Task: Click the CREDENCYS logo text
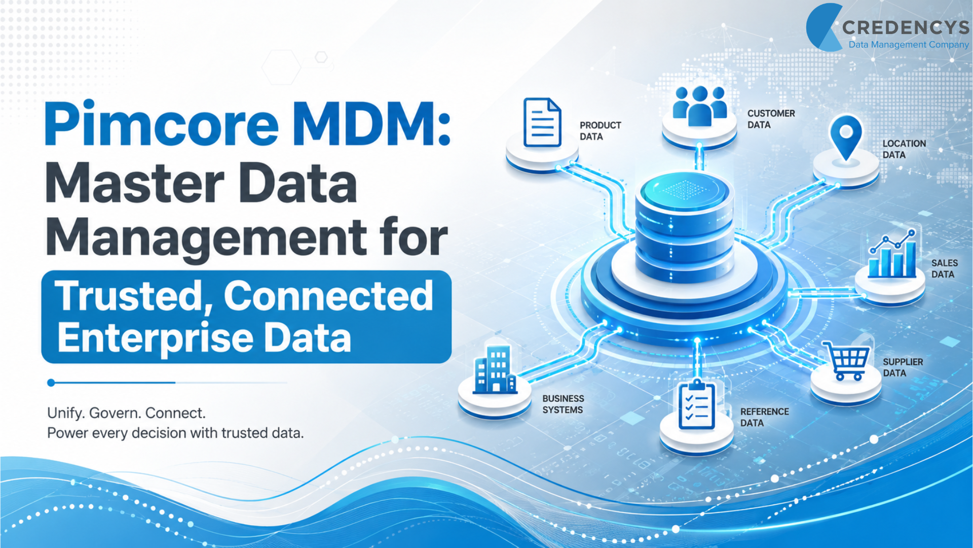(905, 27)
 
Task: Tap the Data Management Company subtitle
(909, 45)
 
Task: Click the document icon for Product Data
(542, 122)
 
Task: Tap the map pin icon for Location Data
(846, 138)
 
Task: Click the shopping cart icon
(846, 361)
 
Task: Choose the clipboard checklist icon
(697, 405)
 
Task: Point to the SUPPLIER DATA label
(903, 367)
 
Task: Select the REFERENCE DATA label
(765, 417)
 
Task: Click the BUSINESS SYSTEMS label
(564, 404)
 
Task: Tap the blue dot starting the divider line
(51, 383)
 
